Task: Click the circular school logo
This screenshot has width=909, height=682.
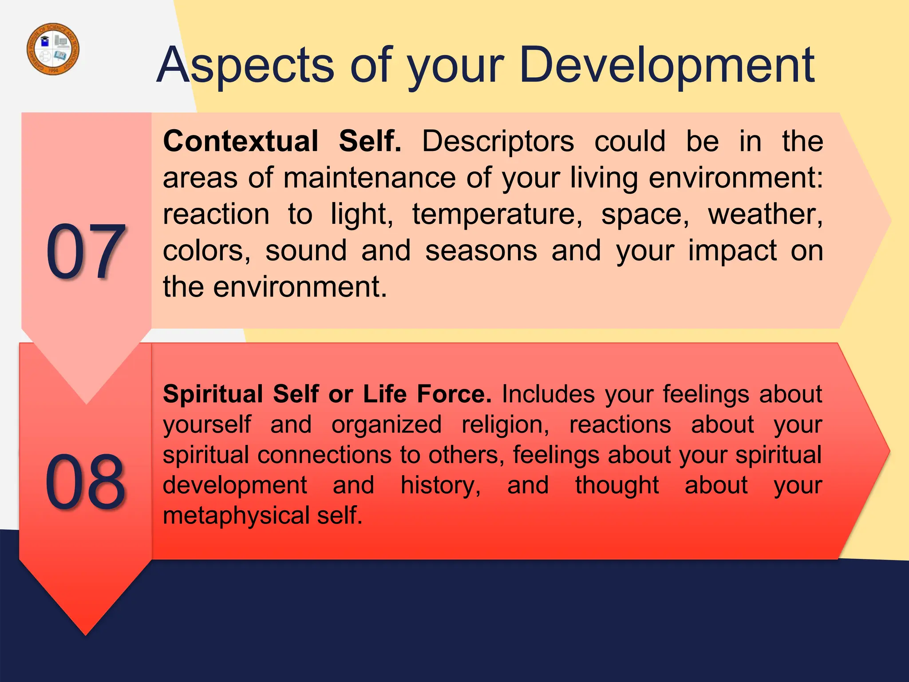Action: (53, 49)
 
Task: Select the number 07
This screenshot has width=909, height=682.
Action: (85, 251)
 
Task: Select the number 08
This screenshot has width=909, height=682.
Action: (85, 482)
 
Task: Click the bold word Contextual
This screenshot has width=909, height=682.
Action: (241, 141)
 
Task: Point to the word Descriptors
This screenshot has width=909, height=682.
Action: (498, 141)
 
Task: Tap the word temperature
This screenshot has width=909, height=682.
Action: (497, 214)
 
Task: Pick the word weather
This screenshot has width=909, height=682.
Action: (765, 214)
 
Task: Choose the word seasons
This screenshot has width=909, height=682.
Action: (481, 250)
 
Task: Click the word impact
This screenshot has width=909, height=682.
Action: (732, 250)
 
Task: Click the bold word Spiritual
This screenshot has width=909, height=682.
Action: (213, 394)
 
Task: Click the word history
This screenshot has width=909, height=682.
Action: (440, 485)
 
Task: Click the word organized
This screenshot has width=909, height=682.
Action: (386, 424)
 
